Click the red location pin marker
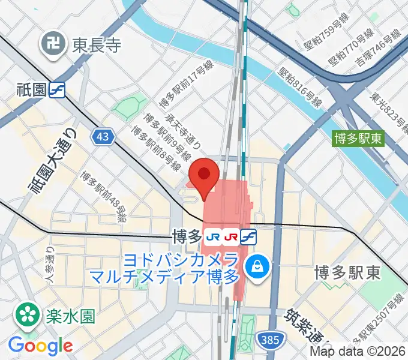pos(204,175)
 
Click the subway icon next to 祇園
pos(58,89)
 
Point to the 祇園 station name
pos(32,89)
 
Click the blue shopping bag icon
pos(259,264)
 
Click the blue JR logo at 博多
pos(212,236)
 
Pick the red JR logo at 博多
pos(230,236)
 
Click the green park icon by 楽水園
pos(27,313)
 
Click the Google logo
pos(40,346)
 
